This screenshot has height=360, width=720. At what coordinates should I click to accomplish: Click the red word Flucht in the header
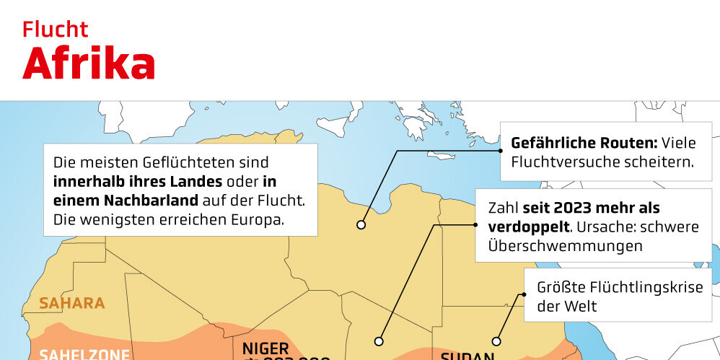coord(55,30)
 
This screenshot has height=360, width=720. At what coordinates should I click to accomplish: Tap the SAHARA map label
coord(72,303)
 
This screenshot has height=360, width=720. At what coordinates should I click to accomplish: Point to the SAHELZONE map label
coord(85,354)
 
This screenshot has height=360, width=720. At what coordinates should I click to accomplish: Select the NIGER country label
coord(265,347)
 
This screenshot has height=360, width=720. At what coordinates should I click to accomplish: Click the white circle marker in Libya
coord(361,225)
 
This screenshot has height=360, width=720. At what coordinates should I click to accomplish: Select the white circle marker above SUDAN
coord(496,341)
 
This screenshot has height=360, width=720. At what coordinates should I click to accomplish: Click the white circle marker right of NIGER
coord(379,341)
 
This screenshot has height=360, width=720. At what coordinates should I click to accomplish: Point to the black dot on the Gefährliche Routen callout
coord(500,152)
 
